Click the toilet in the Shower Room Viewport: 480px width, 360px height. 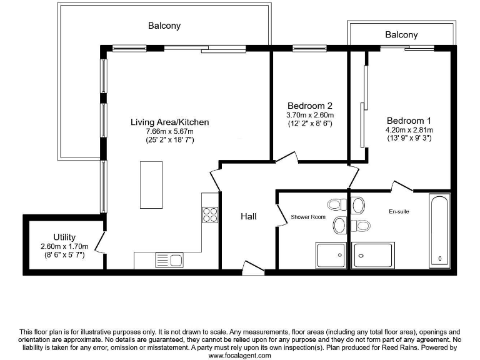pyautogui.click(x=337, y=204)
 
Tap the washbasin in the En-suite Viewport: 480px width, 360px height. pyautogui.click(x=358, y=205)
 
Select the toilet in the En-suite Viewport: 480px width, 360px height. pyautogui.click(x=361, y=226)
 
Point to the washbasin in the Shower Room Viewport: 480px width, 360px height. pyautogui.click(x=339, y=225)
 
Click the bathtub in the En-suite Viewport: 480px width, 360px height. pyautogui.click(x=439, y=231)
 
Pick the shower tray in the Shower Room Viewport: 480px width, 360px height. pyautogui.click(x=331, y=255)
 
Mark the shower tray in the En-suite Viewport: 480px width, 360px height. pyautogui.click(x=373, y=255)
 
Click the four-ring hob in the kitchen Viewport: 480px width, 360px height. pyautogui.click(x=210, y=214)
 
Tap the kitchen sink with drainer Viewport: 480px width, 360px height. pyautogui.click(x=169, y=260)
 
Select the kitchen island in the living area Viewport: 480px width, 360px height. pyautogui.click(x=151, y=185)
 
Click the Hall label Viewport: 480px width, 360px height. pyautogui.click(x=249, y=216)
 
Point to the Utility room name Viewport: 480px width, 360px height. pyautogui.click(x=64, y=237)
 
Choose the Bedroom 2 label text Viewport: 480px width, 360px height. pyautogui.click(x=310, y=106)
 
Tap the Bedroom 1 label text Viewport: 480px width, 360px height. pyautogui.click(x=409, y=121)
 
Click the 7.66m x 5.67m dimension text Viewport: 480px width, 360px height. pyautogui.click(x=169, y=131)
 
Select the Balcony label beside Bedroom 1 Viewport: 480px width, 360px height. pyautogui.click(x=401, y=34)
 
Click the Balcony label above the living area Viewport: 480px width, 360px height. pyautogui.click(x=164, y=26)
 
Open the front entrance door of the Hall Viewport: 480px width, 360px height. pyautogui.click(x=253, y=267)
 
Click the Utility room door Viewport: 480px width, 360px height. pyautogui.click(x=99, y=242)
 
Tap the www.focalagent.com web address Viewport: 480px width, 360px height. pyautogui.click(x=240, y=356)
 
